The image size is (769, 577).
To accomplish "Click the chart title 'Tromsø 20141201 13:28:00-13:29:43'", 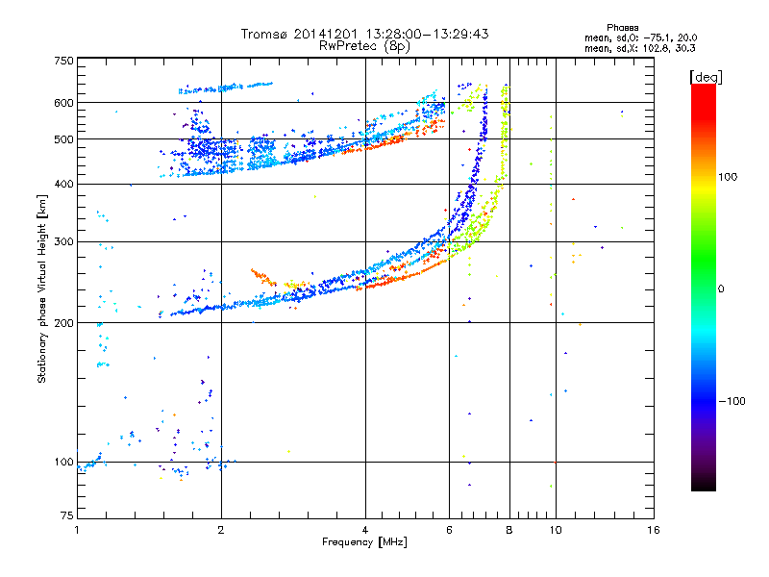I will point(364,34).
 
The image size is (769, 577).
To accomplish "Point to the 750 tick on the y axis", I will point(62,61).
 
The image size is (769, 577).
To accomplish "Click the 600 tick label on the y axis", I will point(62,103).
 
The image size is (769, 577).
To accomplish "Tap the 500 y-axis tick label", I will point(62,139).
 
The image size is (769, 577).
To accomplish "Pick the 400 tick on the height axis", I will point(62,185).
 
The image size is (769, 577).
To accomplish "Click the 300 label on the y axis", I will point(62,241).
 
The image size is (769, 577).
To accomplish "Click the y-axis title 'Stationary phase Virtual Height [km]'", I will point(42,288).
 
